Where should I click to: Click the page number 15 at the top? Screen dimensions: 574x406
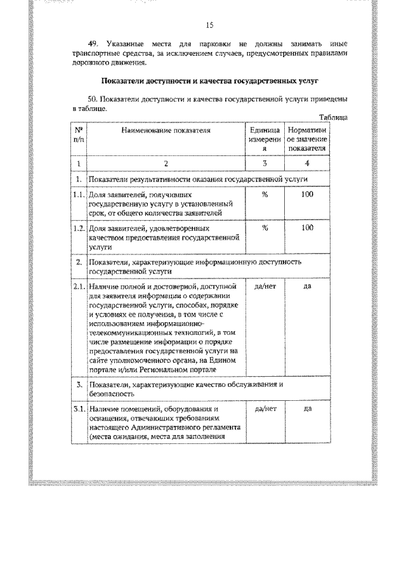tap(211, 25)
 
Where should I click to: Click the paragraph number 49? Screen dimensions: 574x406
tap(93, 44)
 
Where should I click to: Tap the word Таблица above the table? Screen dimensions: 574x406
tap(334, 117)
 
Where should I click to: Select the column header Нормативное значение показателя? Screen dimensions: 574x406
tap(307, 139)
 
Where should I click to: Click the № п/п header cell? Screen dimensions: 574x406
tap(78, 134)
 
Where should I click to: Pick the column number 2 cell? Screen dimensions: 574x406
tap(166, 164)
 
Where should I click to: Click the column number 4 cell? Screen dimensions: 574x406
tap(307, 164)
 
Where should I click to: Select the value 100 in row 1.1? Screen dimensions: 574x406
tap(307, 195)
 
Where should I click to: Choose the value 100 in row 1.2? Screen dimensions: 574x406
tap(307, 227)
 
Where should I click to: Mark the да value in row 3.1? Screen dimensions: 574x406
tap(307, 409)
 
